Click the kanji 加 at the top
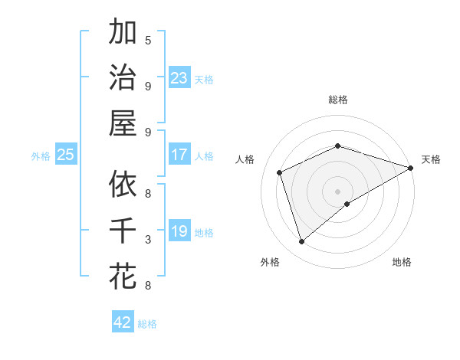pyautogui.click(x=123, y=33)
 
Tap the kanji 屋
pyautogui.click(x=123, y=123)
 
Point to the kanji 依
pyautogui.click(x=123, y=185)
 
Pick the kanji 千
pyautogui.click(x=123, y=230)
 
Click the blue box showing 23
pyautogui.click(x=179, y=78)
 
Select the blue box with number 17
pyautogui.click(x=179, y=155)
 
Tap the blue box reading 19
pyautogui.click(x=179, y=231)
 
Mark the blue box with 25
pyautogui.click(x=65, y=155)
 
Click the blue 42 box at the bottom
pyautogui.click(x=123, y=322)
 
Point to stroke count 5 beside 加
pyautogui.click(x=148, y=40)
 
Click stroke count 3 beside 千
pyautogui.click(x=148, y=240)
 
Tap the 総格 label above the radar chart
pyautogui.click(x=338, y=100)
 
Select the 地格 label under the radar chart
pyautogui.click(x=402, y=262)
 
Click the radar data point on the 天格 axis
pyautogui.click(x=412, y=168)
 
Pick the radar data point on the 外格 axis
pyautogui.click(x=302, y=242)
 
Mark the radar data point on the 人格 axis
pyautogui.click(x=280, y=173)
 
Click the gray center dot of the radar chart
pyautogui.click(x=338, y=191)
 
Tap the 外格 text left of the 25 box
pyautogui.click(x=41, y=155)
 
